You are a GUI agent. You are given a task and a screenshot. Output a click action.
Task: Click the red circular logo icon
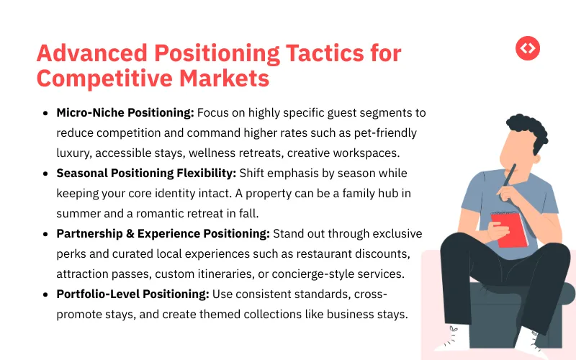[528, 48]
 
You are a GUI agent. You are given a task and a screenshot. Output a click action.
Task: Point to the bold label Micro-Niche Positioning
[125, 113]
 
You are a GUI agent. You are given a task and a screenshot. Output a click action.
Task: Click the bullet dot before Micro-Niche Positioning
[47, 113]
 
